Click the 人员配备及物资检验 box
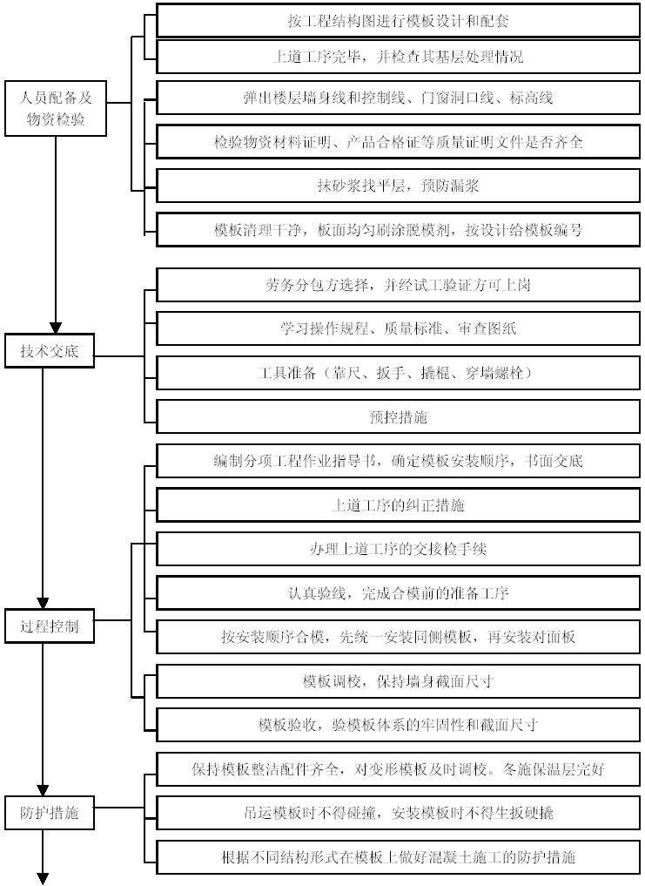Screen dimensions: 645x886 click(x=56, y=109)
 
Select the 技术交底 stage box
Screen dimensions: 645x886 click(x=49, y=351)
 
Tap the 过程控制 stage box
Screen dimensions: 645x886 click(x=49, y=626)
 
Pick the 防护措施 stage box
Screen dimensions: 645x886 click(x=49, y=813)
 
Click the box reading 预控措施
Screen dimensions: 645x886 click(x=398, y=417)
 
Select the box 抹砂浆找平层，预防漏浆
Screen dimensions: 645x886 click(x=398, y=186)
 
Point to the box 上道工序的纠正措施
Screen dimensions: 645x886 click(x=398, y=505)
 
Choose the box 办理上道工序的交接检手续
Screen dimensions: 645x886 click(x=398, y=549)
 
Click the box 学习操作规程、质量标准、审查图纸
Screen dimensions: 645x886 click(x=398, y=328)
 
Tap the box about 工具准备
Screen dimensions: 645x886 click(x=398, y=373)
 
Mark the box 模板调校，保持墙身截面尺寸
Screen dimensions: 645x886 click(x=398, y=681)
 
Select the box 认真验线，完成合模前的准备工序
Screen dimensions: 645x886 click(x=398, y=593)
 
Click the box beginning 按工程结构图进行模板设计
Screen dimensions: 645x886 click(x=398, y=21)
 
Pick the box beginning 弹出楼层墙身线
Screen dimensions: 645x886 click(x=398, y=98)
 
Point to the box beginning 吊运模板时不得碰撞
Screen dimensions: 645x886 click(x=398, y=813)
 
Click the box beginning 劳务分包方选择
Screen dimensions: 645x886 click(x=398, y=285)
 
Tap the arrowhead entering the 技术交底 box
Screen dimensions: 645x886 click(x=56, y=328)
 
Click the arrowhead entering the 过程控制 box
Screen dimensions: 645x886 click(x=43, y=604)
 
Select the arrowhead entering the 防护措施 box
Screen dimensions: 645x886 click(x=43, y=790)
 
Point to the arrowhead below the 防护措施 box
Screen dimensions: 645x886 click(x=43, y=879)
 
